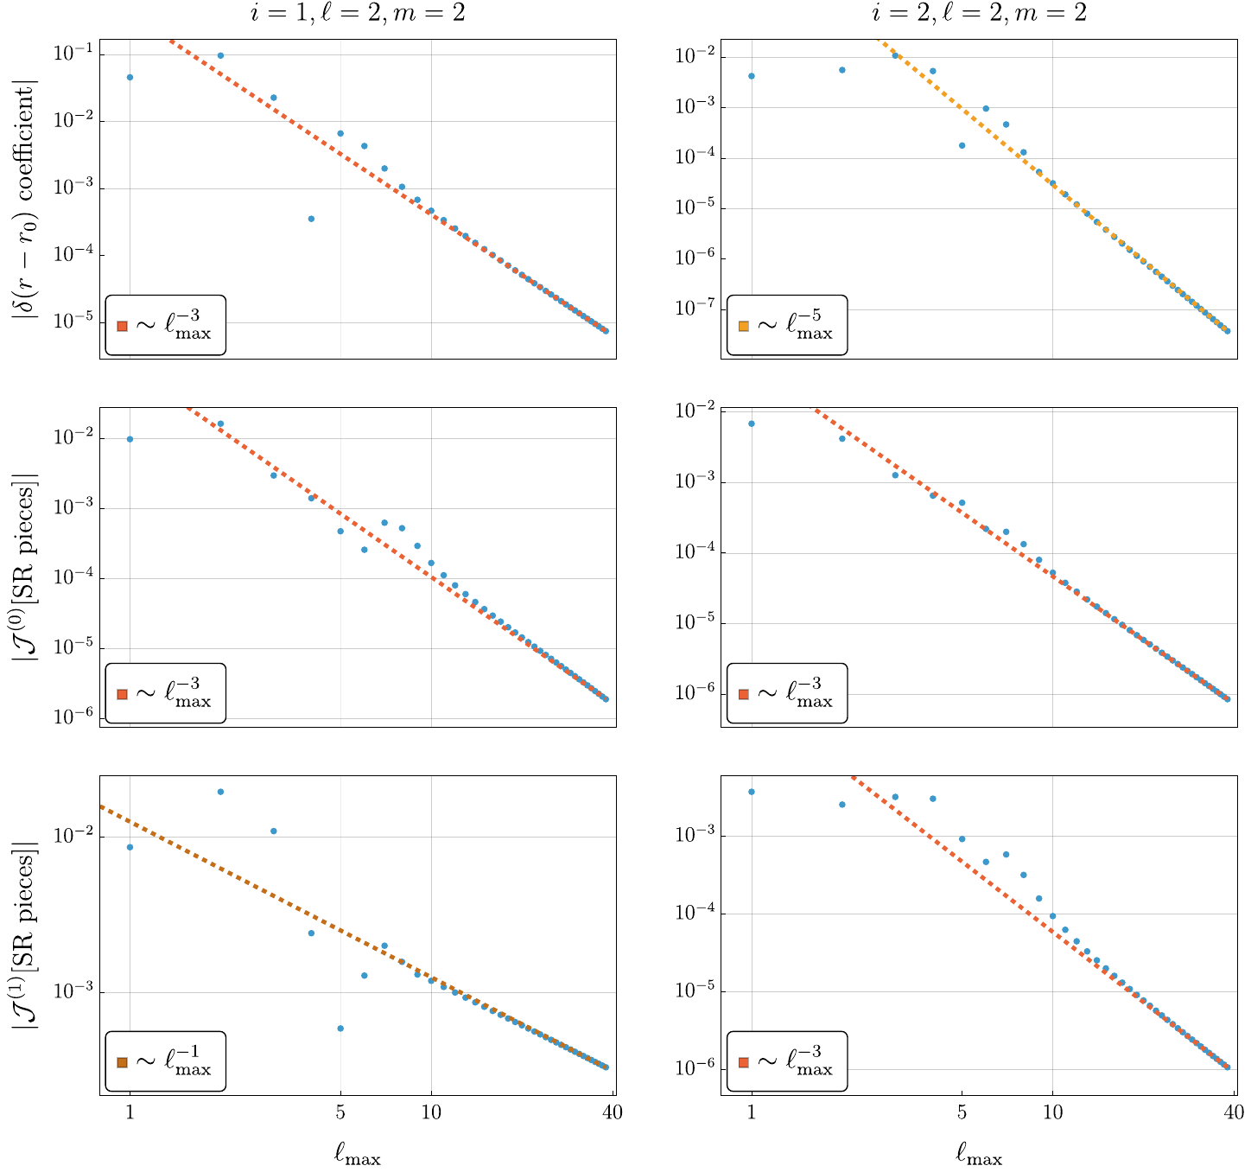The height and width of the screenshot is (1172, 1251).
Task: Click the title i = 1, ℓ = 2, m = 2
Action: click(358, 13)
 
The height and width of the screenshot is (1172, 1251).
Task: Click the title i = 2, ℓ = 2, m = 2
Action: click(979, 13)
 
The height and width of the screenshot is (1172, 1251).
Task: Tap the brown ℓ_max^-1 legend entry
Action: click(165, 1061)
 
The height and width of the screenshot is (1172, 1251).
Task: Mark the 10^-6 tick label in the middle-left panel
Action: click(74, 719)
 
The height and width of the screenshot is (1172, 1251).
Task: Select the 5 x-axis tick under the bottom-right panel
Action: click(962, 1112)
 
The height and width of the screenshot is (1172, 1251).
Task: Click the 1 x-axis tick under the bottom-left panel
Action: click(130, 1112)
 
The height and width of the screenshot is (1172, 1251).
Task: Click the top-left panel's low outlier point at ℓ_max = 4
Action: click(311, 219)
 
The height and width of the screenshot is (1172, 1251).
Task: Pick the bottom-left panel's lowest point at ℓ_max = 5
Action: click(340, 1029)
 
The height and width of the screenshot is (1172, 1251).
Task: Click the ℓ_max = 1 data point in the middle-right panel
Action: click(752, 424)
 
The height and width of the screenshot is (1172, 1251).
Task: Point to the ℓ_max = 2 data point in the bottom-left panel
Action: click(220, 792)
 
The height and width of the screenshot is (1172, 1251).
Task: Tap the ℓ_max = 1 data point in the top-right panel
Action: click(752, 76)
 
